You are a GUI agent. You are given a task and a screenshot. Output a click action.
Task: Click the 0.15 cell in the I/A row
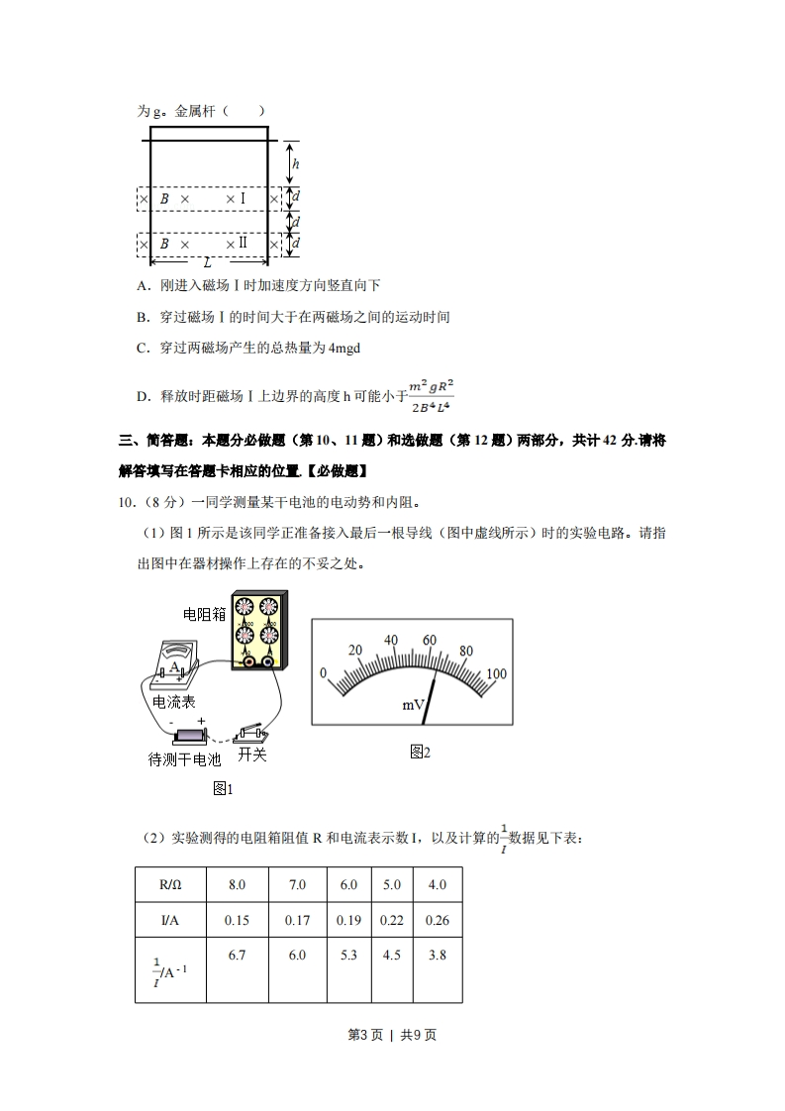237,920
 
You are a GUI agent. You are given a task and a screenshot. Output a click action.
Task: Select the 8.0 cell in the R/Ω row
237,884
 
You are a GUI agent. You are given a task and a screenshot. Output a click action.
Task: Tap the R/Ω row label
170,884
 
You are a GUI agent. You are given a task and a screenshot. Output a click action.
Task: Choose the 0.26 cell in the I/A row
437,920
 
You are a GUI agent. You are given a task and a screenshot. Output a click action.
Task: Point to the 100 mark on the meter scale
496,674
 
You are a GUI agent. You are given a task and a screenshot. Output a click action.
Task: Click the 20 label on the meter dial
356,651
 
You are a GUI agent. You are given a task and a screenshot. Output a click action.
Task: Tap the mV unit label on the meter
413,705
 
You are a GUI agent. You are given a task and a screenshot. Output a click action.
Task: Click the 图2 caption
420,753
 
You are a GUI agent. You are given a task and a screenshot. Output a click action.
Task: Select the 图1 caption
223,788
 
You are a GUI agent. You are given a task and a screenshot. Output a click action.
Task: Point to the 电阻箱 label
204,614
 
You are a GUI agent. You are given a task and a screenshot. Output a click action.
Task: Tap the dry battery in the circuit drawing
187,736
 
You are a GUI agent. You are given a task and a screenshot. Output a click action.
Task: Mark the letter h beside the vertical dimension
296,164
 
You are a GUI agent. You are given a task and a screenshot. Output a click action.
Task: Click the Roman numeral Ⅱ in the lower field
242,244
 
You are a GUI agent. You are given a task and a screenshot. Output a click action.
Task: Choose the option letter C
143,348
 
